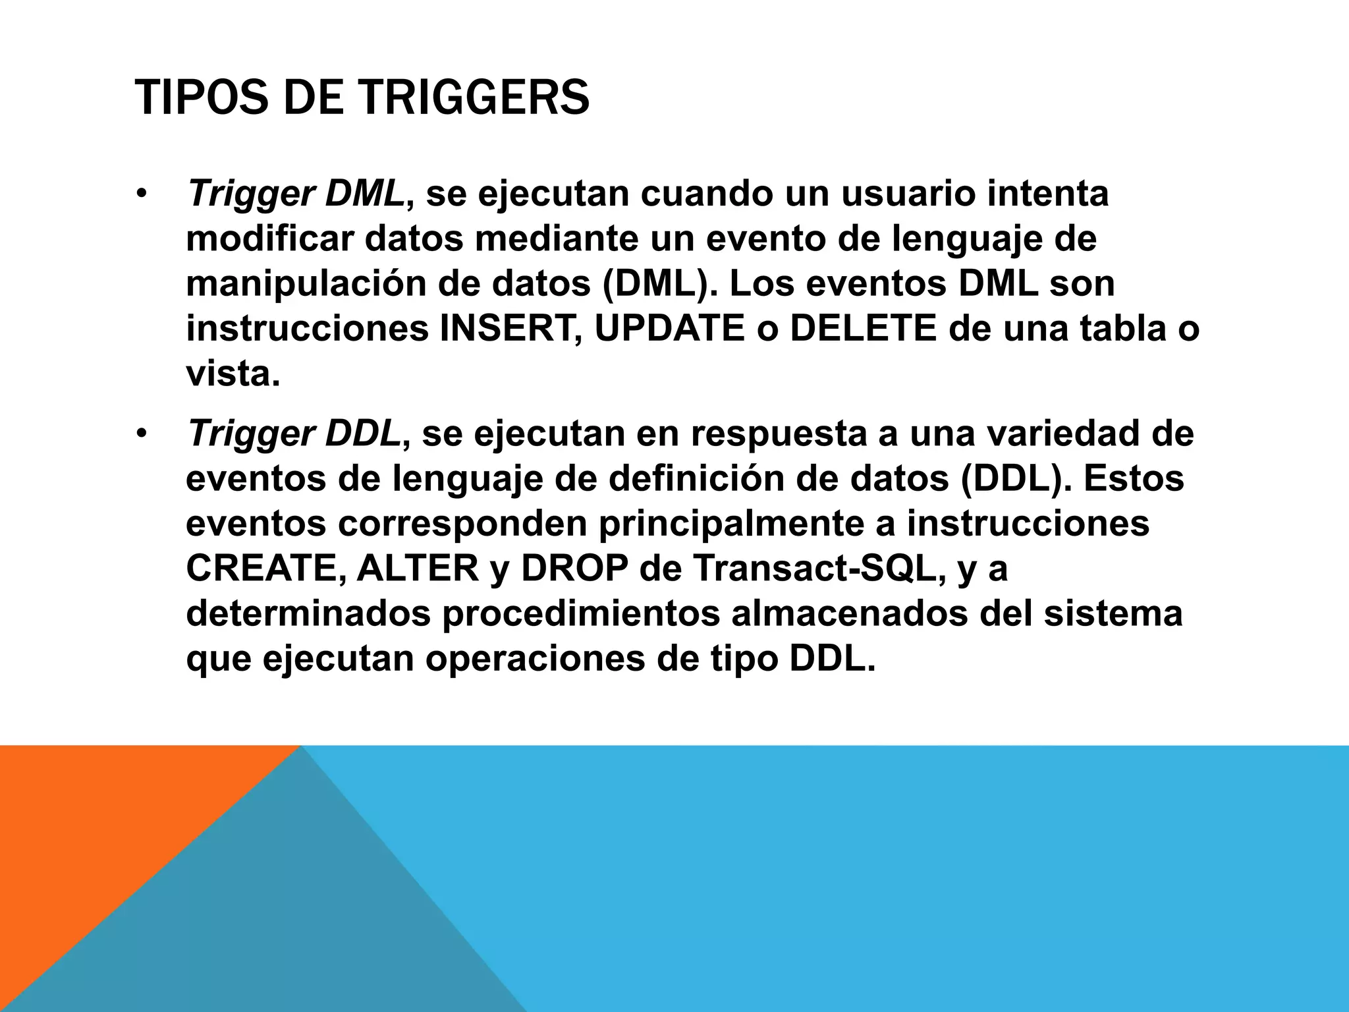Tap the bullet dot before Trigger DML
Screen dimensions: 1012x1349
pyautogui.click(x=140, y=195)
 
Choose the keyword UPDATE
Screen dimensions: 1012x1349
pyautogui.click(x=669, y=329)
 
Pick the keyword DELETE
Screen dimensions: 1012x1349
pyautogui.click(x=863, y=329)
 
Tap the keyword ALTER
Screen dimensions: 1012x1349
pyautogui.click(x=418, y=569)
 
